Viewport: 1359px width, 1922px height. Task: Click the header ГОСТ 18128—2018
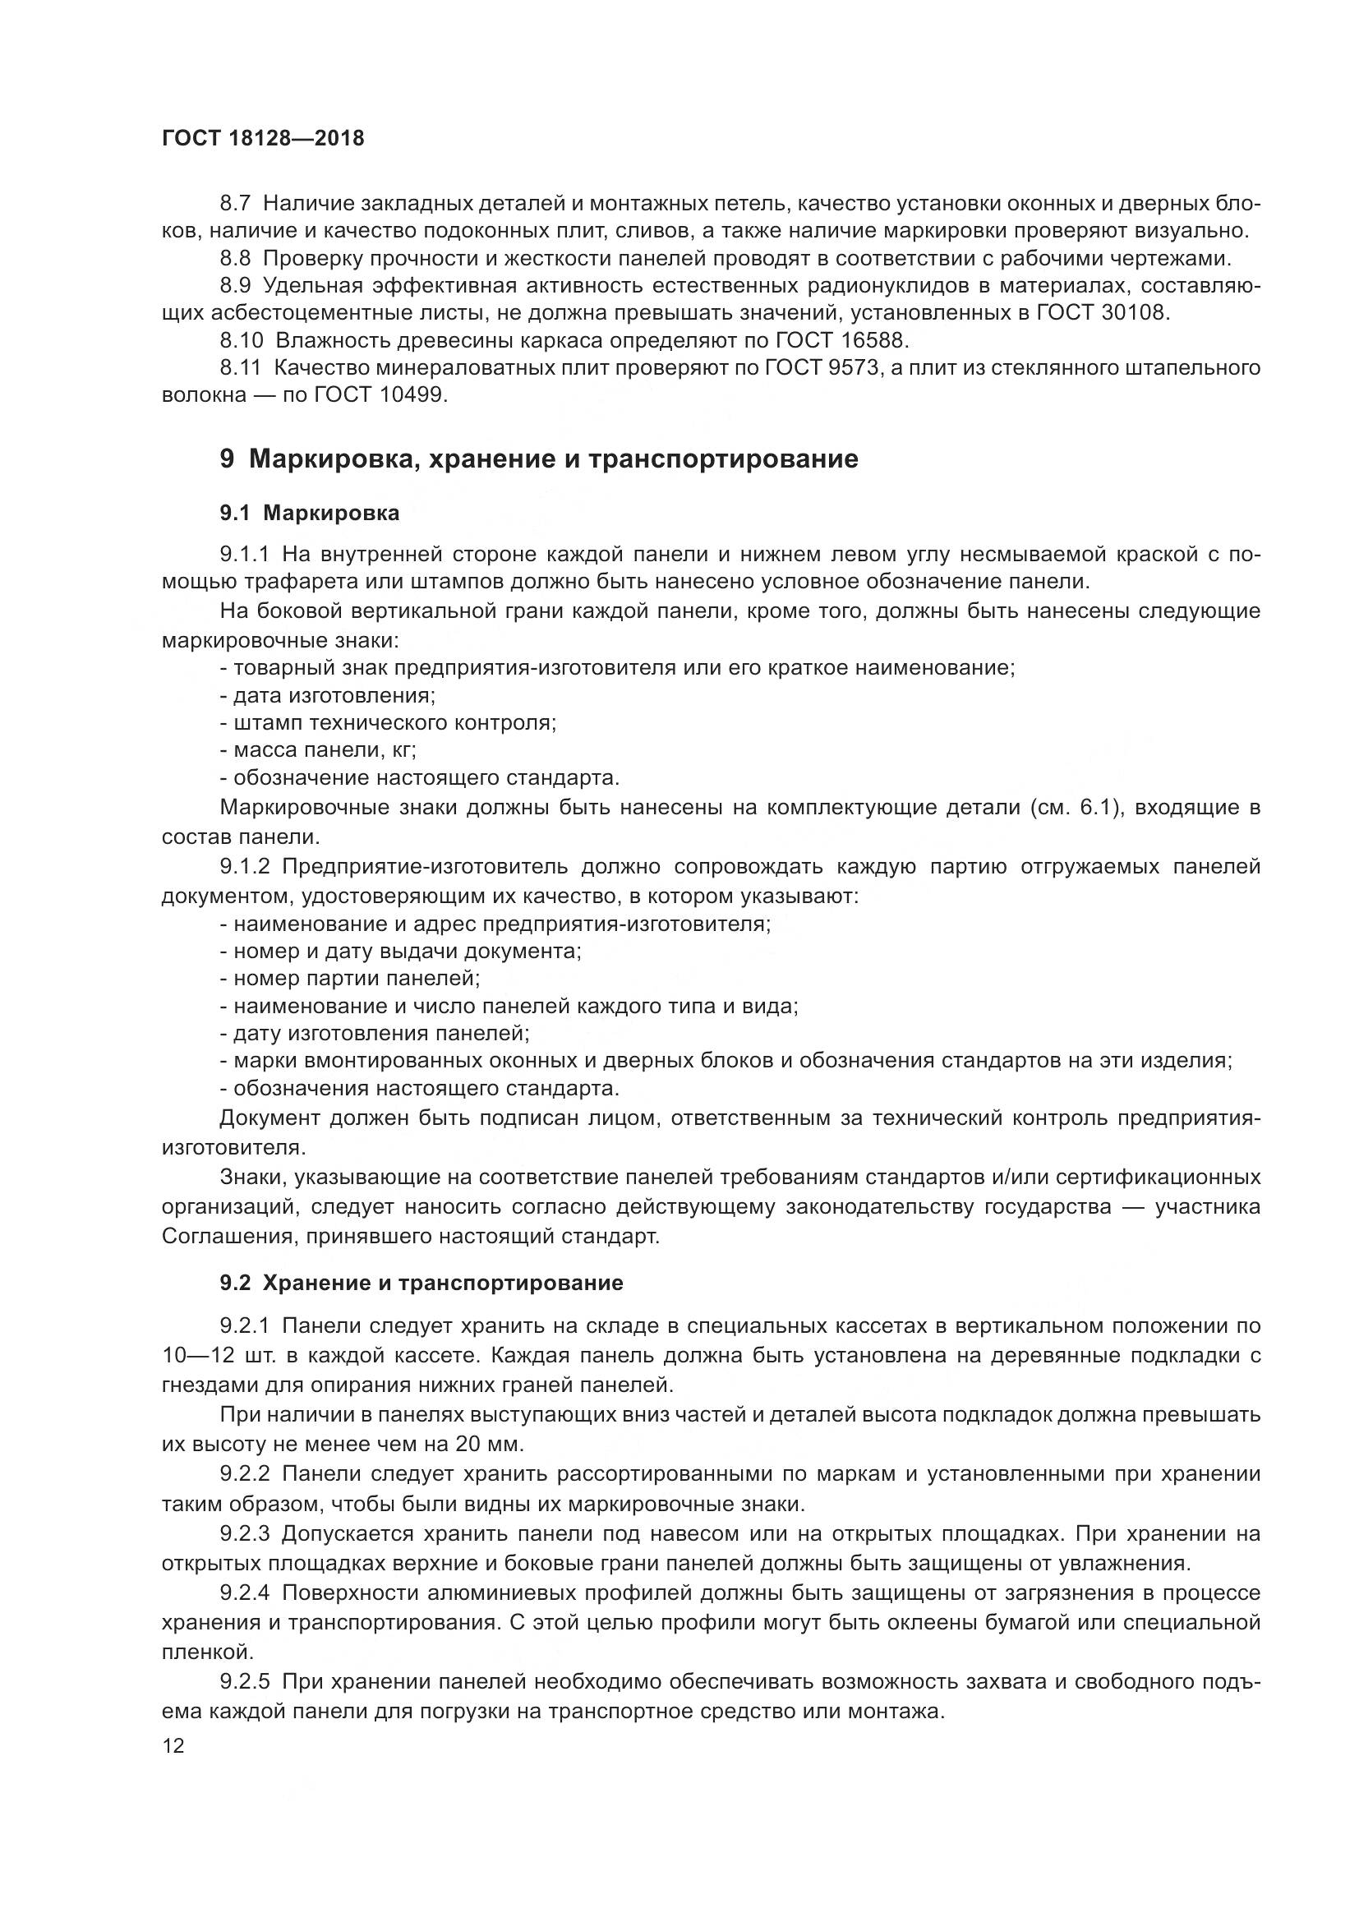click(263, 138)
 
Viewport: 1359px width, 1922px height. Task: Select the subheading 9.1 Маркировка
click(310, 513)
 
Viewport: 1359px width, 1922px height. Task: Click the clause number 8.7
click(236, 204)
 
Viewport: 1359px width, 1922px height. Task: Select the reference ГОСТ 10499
click(380, 394)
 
